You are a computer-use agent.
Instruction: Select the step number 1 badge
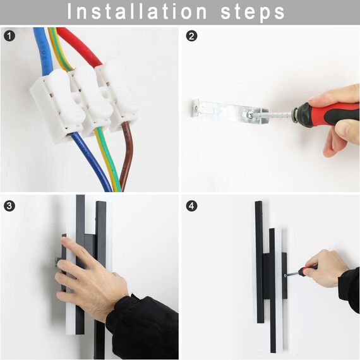pyautogui.click(x=9, y=36)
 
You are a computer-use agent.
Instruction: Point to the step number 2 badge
pyautogui.click(x=192, y=36)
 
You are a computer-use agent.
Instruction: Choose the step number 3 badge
pyautogui.click(x=9, y=205)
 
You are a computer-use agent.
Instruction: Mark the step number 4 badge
pyautogui.click(x=192, y=205)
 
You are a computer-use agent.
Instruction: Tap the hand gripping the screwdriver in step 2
pyautogui.click(x=338, y=120)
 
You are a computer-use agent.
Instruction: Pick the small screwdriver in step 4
pyautogui.click(x=300, y=272)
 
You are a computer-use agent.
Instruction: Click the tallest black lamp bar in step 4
pyautogui.click(x=259, y=262)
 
